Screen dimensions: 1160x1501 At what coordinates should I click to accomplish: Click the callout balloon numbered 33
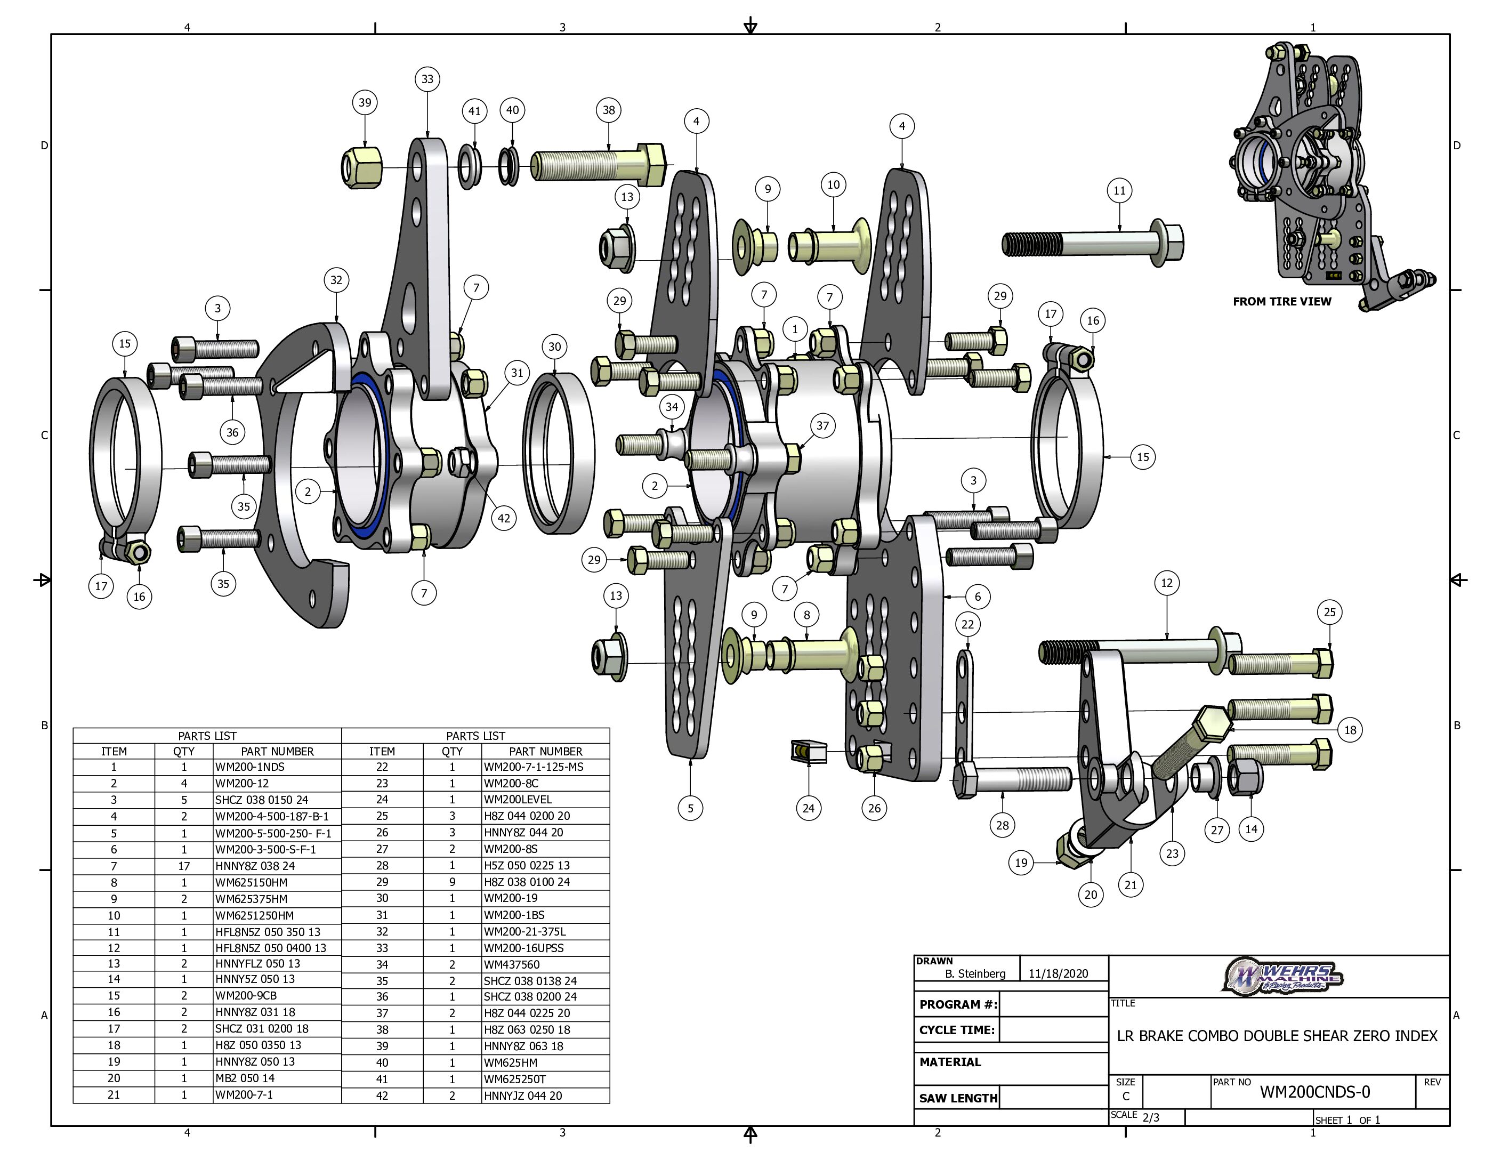427,79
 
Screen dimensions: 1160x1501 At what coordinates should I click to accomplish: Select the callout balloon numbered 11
1119,190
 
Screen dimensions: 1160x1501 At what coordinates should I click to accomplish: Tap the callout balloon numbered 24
808,808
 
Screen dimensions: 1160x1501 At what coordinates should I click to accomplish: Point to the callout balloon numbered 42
504,518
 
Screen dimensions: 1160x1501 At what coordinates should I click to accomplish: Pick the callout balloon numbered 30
555,347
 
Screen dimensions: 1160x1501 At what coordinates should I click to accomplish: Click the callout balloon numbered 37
822,425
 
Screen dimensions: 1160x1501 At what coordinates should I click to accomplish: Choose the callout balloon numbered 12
1167,583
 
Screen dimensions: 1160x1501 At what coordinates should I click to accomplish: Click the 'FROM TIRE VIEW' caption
1282,301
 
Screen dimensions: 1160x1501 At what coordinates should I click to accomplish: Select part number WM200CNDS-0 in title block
1314,1092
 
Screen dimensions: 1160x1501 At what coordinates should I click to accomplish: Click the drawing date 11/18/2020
1059,973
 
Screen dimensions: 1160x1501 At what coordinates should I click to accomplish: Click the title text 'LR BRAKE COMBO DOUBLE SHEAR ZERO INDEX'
1277,1036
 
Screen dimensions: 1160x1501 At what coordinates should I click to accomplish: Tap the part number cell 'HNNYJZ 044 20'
522,1095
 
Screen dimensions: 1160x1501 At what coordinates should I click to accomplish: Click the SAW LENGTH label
958,1098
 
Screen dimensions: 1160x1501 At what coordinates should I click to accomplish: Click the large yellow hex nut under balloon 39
362,166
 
